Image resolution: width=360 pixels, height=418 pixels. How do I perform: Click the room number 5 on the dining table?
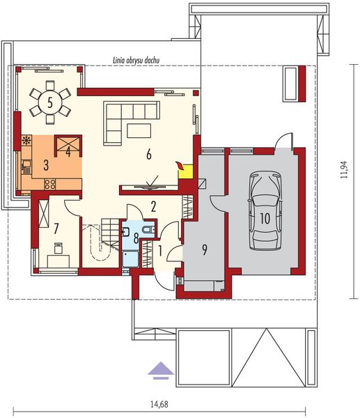coord(51,102)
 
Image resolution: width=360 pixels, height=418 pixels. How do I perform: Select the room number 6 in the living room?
coord(148,155)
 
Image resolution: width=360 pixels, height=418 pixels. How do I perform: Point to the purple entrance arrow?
coord(160,369)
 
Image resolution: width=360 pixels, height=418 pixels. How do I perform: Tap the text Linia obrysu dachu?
coord(136,61)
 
